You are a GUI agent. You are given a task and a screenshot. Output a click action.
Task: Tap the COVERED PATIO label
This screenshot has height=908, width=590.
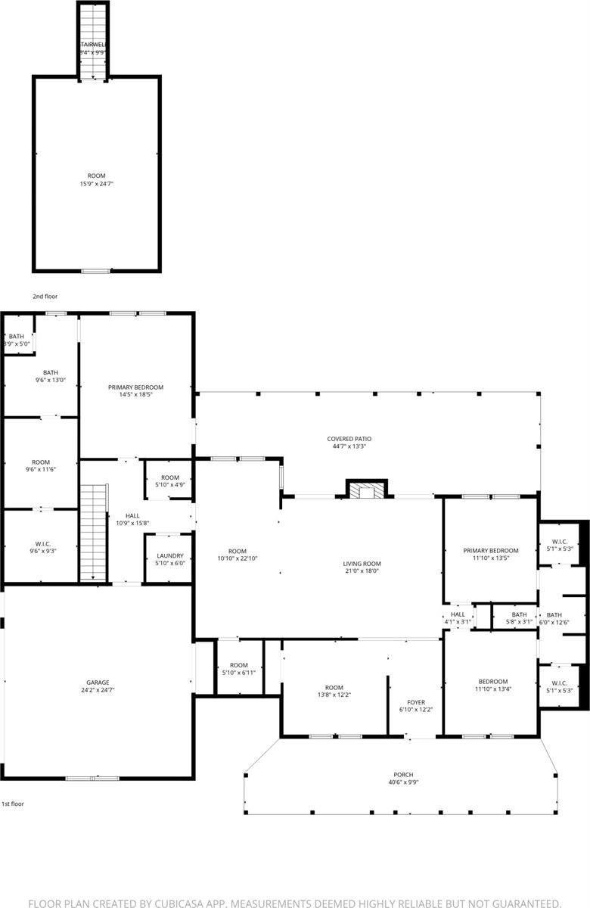(x=349, y=438)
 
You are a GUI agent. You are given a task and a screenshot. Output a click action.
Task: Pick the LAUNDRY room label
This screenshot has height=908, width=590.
(x=169, y=555)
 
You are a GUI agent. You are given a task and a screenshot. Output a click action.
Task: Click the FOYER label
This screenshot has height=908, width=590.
(x=415, y=701)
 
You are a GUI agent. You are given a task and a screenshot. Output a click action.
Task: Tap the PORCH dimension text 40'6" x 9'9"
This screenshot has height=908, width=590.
(x=402, y=782)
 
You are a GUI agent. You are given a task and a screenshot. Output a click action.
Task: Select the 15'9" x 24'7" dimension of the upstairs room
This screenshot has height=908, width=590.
(x=96, y=184)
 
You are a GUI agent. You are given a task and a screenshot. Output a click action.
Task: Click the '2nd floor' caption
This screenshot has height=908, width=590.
(x=45, y=297)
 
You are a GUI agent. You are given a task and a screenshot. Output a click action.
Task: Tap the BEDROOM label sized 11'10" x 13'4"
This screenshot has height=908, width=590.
(x=491, y=681)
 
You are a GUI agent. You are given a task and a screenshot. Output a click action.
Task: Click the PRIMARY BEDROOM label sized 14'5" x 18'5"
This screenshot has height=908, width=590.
(x=135, y=387)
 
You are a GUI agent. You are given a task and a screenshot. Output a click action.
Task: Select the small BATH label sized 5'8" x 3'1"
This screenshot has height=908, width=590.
(x=518, y=615)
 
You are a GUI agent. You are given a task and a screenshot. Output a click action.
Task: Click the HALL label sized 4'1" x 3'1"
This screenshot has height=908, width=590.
(x=458, y=614)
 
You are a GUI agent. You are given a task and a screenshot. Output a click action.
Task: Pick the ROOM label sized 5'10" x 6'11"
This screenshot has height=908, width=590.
(x=239, y=665)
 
